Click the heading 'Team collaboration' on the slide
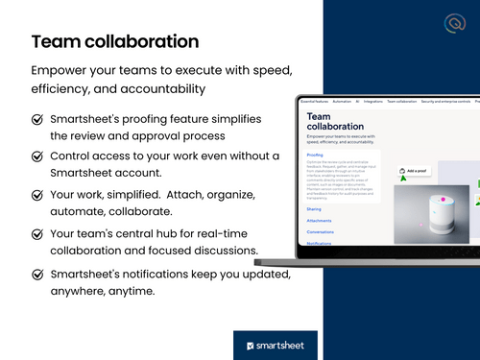click(x=115, y=41)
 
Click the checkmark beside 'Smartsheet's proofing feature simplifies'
click(x=36, y=120)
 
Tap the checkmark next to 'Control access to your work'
click(x=36, y=157)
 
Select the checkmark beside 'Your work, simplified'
click(x=36, y=195)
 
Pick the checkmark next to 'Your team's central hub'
click(x=36, y=233)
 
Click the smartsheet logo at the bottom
click(x=276, y=345)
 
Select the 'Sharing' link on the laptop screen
click(x=314, y=208)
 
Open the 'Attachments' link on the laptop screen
click(x=319, y=220)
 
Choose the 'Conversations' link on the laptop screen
click(x=322, y=231)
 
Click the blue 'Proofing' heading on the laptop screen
click(x=316, y=154)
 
